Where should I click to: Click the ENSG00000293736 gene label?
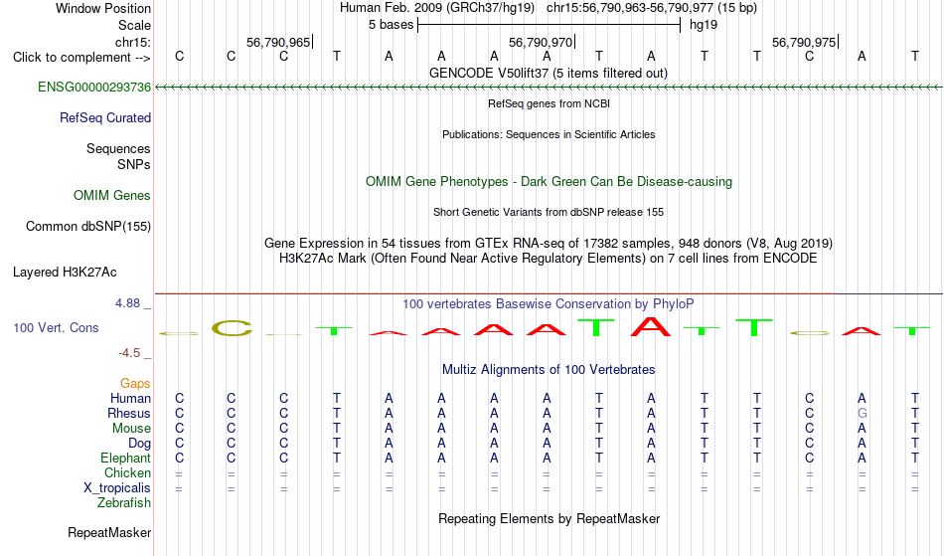94,88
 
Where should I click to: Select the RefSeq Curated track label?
104,118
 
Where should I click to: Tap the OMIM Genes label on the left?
111,196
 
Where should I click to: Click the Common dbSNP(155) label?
87,227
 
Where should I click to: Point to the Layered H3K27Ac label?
65,273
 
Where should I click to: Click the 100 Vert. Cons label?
56,327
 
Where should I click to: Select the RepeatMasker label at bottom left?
109,532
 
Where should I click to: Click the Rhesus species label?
129,413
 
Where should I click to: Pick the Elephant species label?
125,458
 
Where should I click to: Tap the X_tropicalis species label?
117,488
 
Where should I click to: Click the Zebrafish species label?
124,502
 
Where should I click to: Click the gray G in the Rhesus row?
863,413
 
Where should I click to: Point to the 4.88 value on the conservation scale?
127,303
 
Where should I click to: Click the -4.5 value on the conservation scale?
129,353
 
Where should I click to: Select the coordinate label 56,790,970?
541,42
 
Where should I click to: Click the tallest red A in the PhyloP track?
650,326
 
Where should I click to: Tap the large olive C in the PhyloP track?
232,328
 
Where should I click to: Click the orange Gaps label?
135,384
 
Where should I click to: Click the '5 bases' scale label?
391,25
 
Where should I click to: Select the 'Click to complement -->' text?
81,58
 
